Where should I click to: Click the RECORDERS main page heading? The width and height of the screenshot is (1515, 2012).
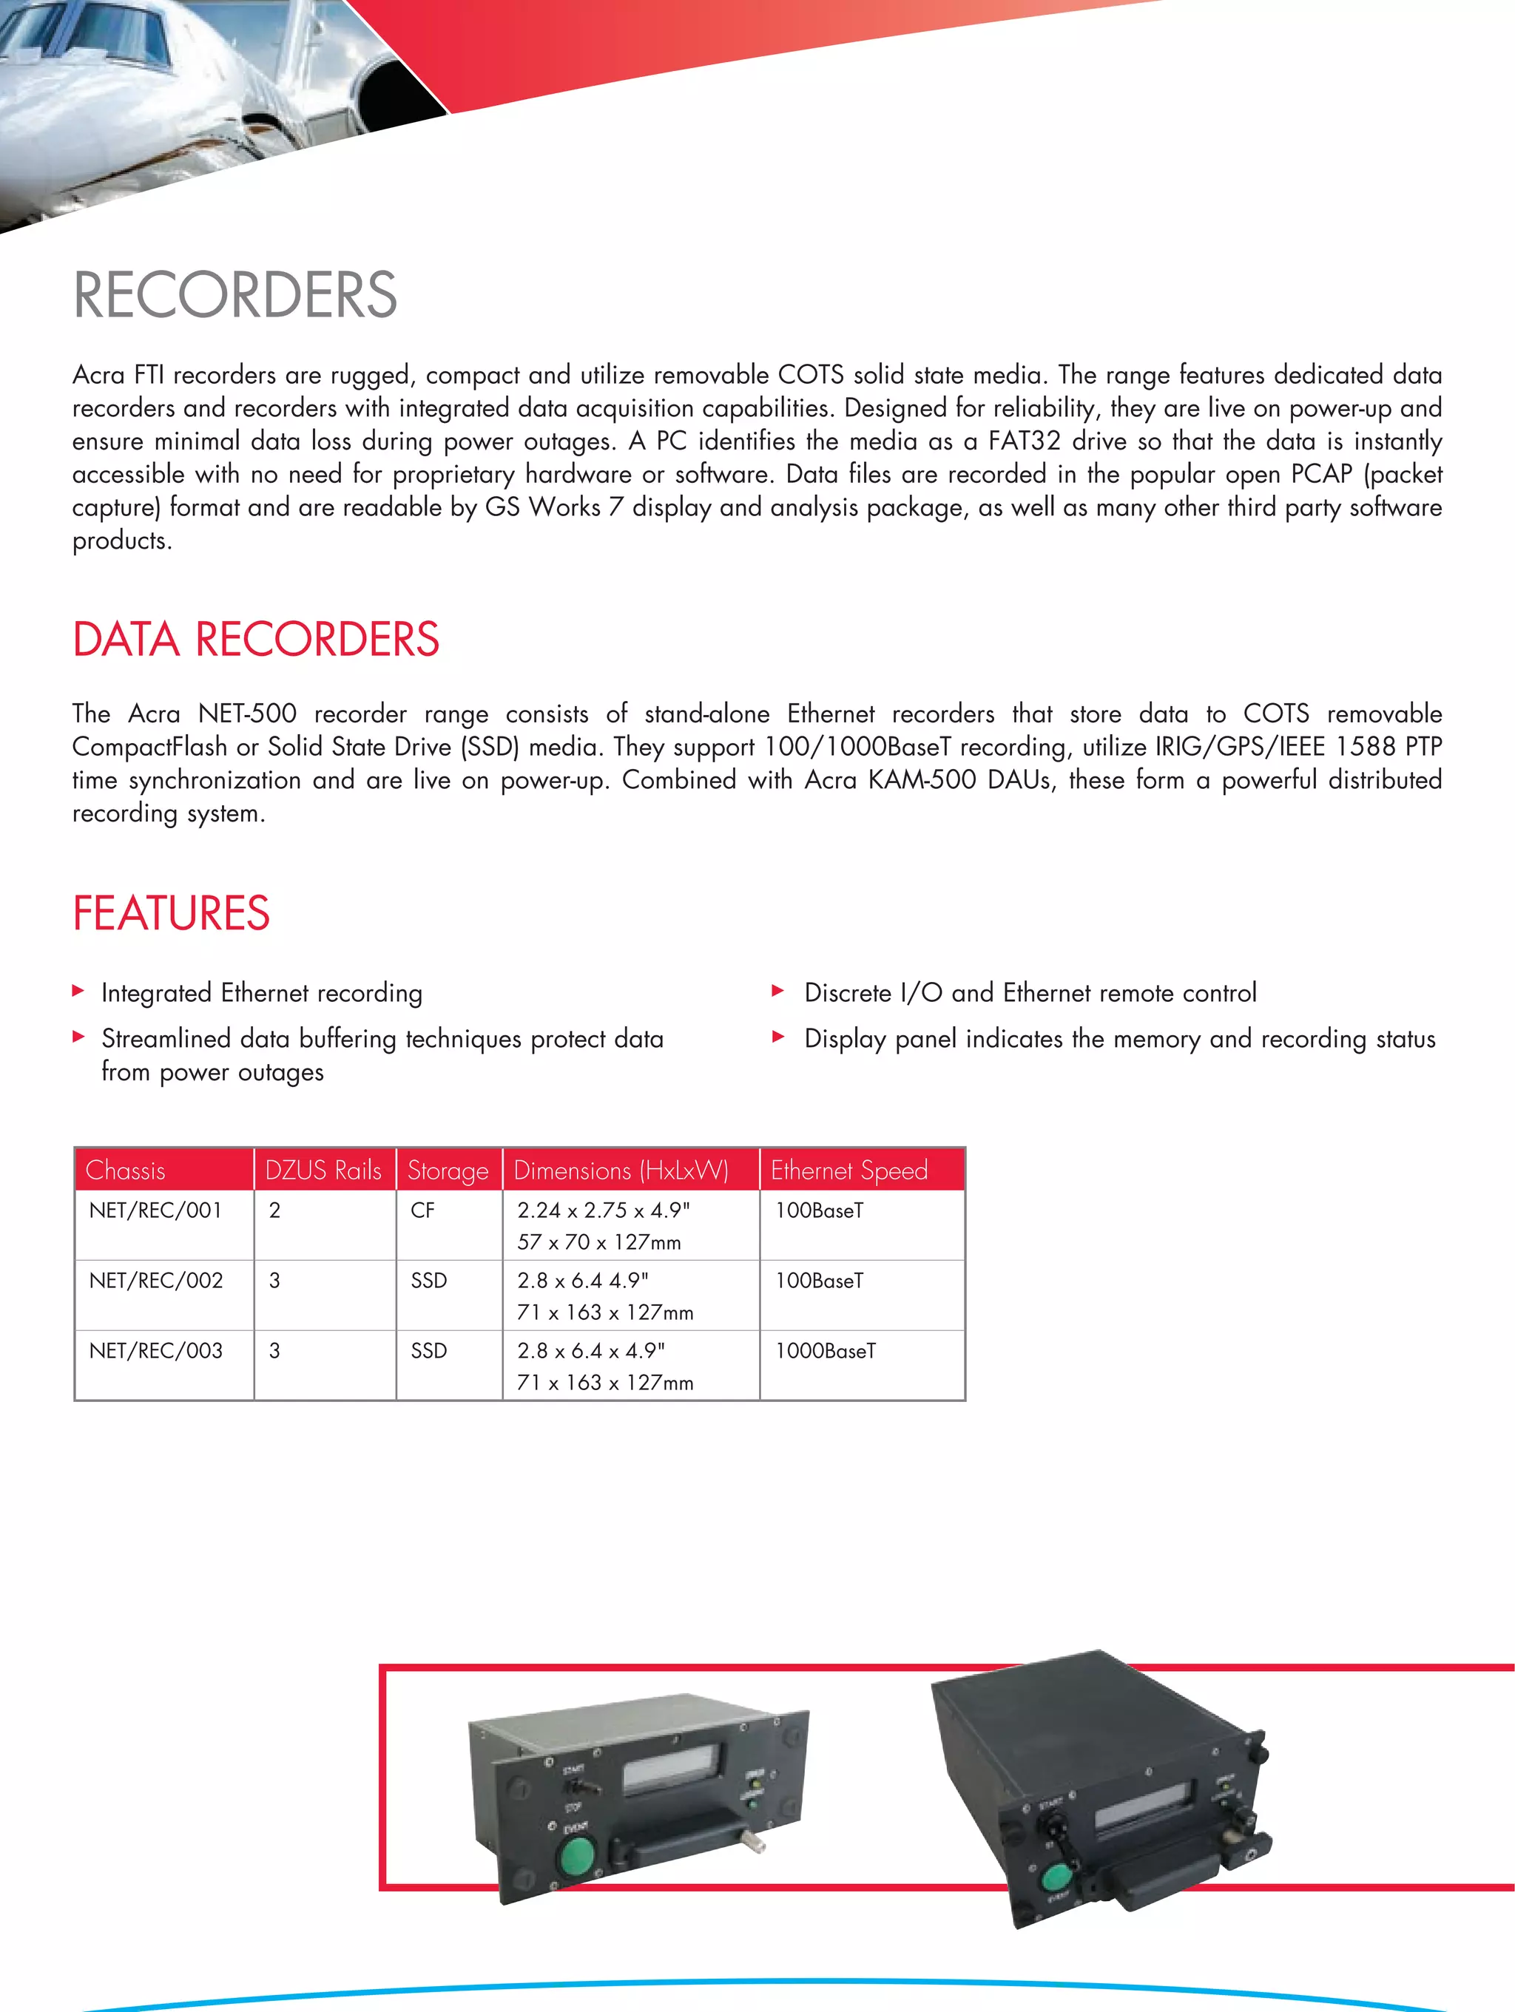(234, 295)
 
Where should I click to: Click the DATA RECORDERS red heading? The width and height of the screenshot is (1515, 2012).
(256, 640)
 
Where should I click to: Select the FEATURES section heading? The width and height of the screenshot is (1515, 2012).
(171, 913)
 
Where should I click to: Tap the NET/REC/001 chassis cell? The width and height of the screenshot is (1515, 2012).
(155, 1210)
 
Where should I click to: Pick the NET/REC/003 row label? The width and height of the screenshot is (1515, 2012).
(155, 1351)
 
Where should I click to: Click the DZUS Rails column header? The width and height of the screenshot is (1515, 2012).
(323, 1171)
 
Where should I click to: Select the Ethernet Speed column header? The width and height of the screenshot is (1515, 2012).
(849, 1171)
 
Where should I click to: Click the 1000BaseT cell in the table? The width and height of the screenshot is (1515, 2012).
(826, 1351)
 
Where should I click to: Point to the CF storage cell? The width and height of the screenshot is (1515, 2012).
(422, 1210)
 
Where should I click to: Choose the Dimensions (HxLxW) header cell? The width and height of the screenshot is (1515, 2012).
(621, 1171)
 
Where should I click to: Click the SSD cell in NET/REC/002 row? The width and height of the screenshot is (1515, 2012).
(428, 1281)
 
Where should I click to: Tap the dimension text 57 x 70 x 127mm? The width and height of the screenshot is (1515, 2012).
(598, 1242)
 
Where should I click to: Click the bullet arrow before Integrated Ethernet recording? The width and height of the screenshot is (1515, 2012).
(78, 991)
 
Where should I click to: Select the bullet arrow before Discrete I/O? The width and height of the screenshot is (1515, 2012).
(778, 991)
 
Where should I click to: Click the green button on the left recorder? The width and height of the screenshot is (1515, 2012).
(576, 1855)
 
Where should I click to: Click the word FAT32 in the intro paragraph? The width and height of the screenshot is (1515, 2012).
(1024, 441)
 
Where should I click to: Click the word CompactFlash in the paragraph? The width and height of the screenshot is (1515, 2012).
(149, 747)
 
